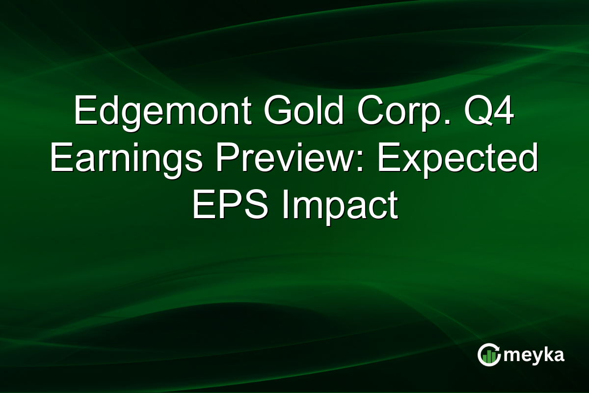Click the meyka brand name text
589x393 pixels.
point(535,355)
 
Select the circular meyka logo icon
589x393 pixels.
point(488,355)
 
